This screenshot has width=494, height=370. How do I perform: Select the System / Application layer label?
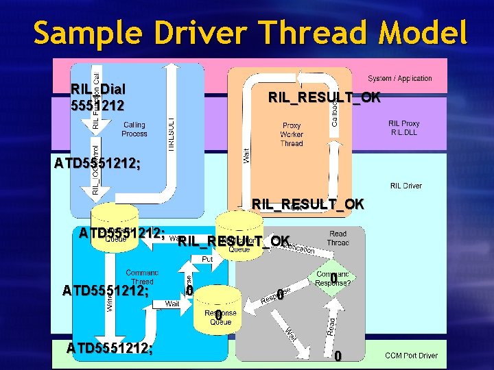[400, 79]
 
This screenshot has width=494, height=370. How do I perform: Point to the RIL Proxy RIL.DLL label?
[404, 128]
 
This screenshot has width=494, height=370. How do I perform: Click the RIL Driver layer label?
[406, 186]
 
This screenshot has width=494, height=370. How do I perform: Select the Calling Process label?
[134, 129]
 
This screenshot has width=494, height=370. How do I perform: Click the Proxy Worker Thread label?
[292, 134]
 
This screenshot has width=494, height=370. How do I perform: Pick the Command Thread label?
[142, 277]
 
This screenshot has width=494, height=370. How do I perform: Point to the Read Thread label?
[338, 238]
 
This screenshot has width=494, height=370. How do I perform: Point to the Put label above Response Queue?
[207, 260]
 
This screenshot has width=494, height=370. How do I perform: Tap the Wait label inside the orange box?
[246, 155]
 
